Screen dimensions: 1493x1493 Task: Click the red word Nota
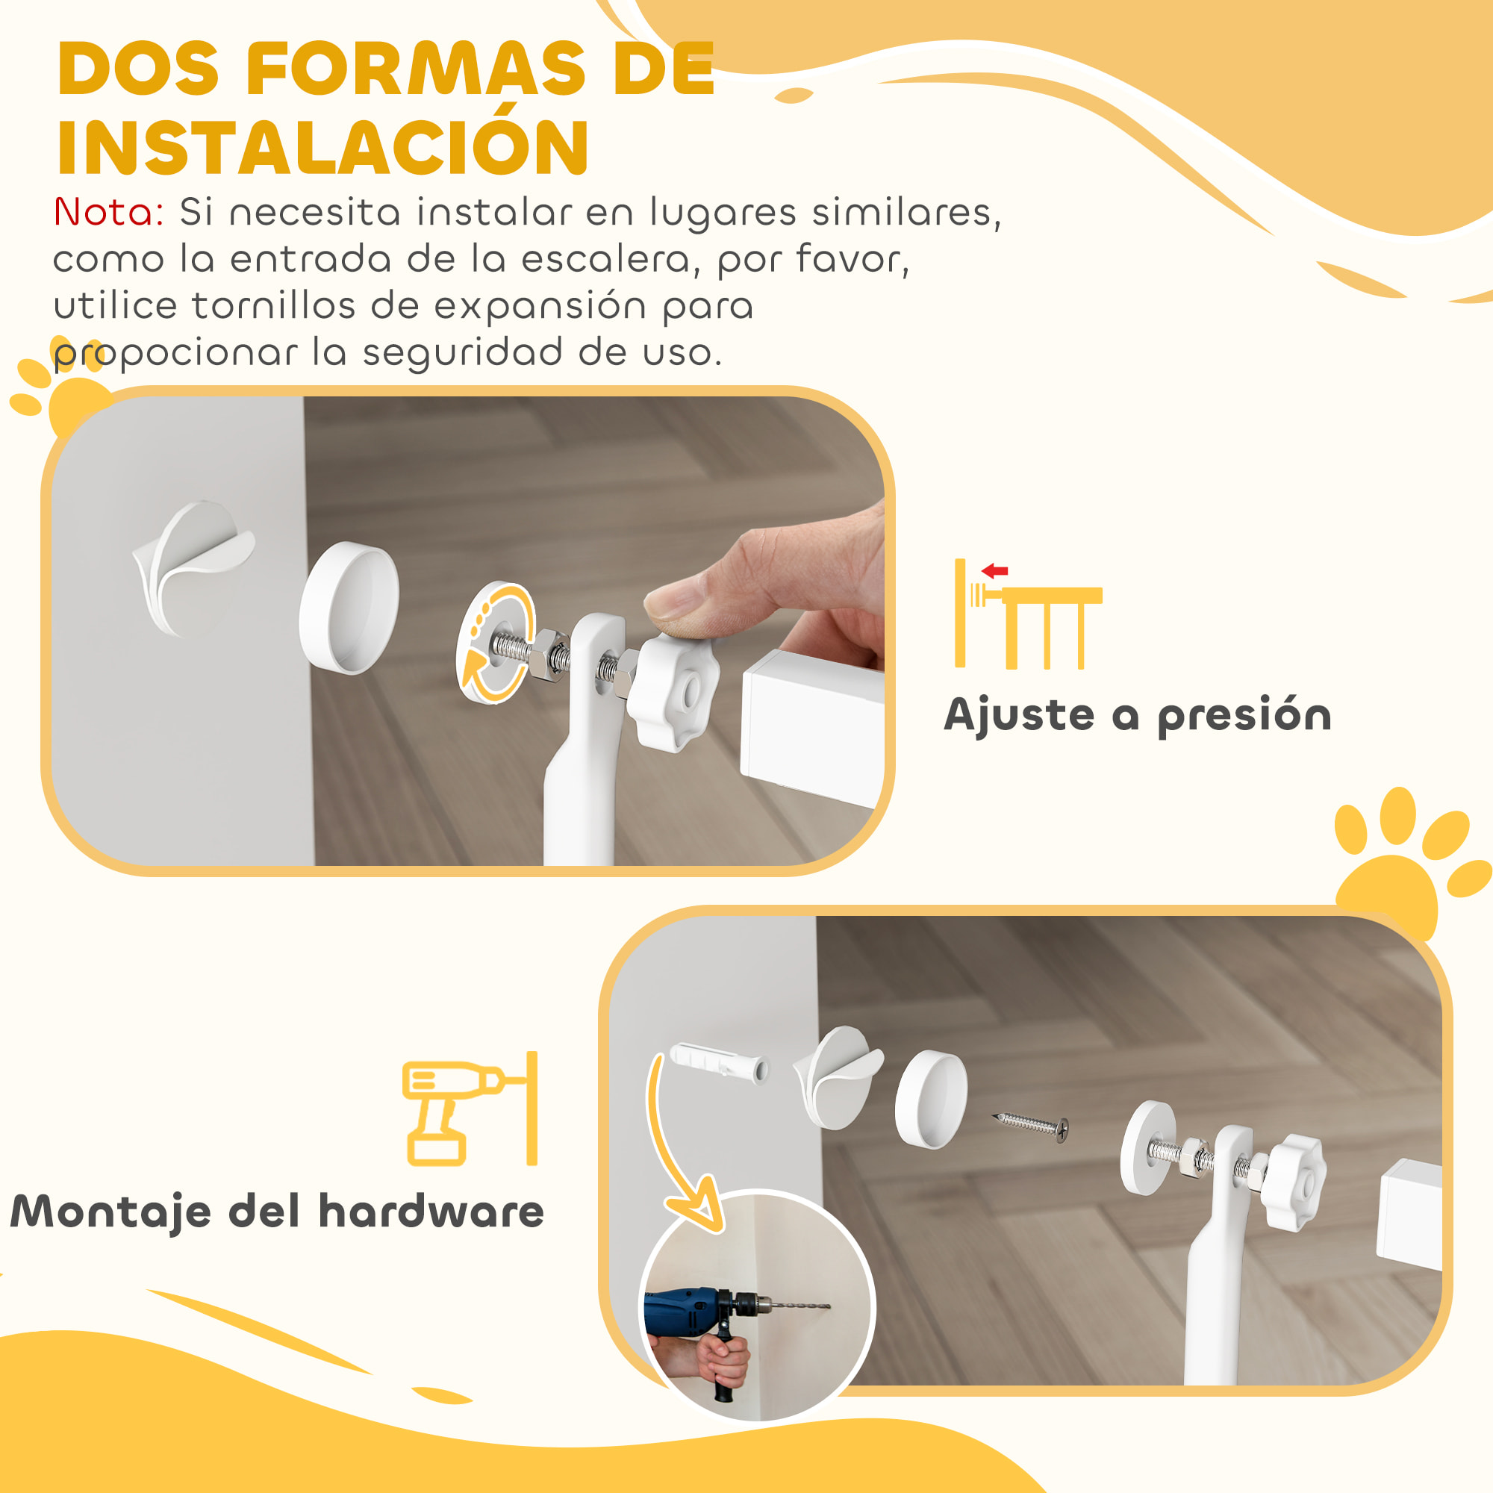[x=107, y=212]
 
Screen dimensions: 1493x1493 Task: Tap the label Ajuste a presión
[x=1138, y=715]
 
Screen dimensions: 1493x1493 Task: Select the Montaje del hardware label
[x=277, y=1212]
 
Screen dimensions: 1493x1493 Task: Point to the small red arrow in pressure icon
[x=994, y=571]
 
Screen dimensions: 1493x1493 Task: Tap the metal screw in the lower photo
[x=1030, y=1123]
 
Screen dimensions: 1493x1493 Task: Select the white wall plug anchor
[x=719, y=1062]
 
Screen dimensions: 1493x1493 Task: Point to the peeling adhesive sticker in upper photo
[x=193, y=561]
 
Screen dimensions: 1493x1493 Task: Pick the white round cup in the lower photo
[x=931, y=1099]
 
